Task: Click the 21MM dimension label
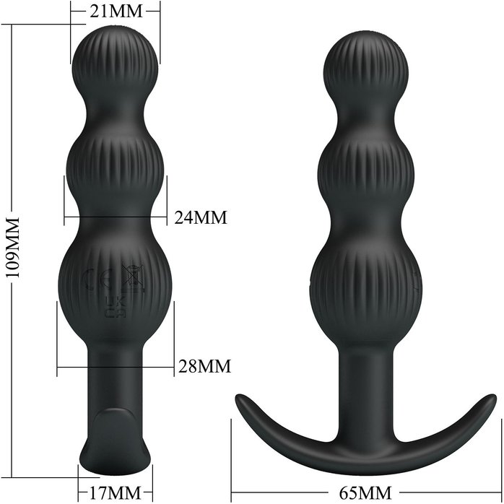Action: click(116, 12)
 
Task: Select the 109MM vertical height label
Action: click(13, 247)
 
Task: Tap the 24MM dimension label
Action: click(201, 217)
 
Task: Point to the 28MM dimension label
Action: click(205, 366)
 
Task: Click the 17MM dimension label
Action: click(115, 492)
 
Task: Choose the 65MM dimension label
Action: click(365, 492)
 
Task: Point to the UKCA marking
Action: click(116, 307)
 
